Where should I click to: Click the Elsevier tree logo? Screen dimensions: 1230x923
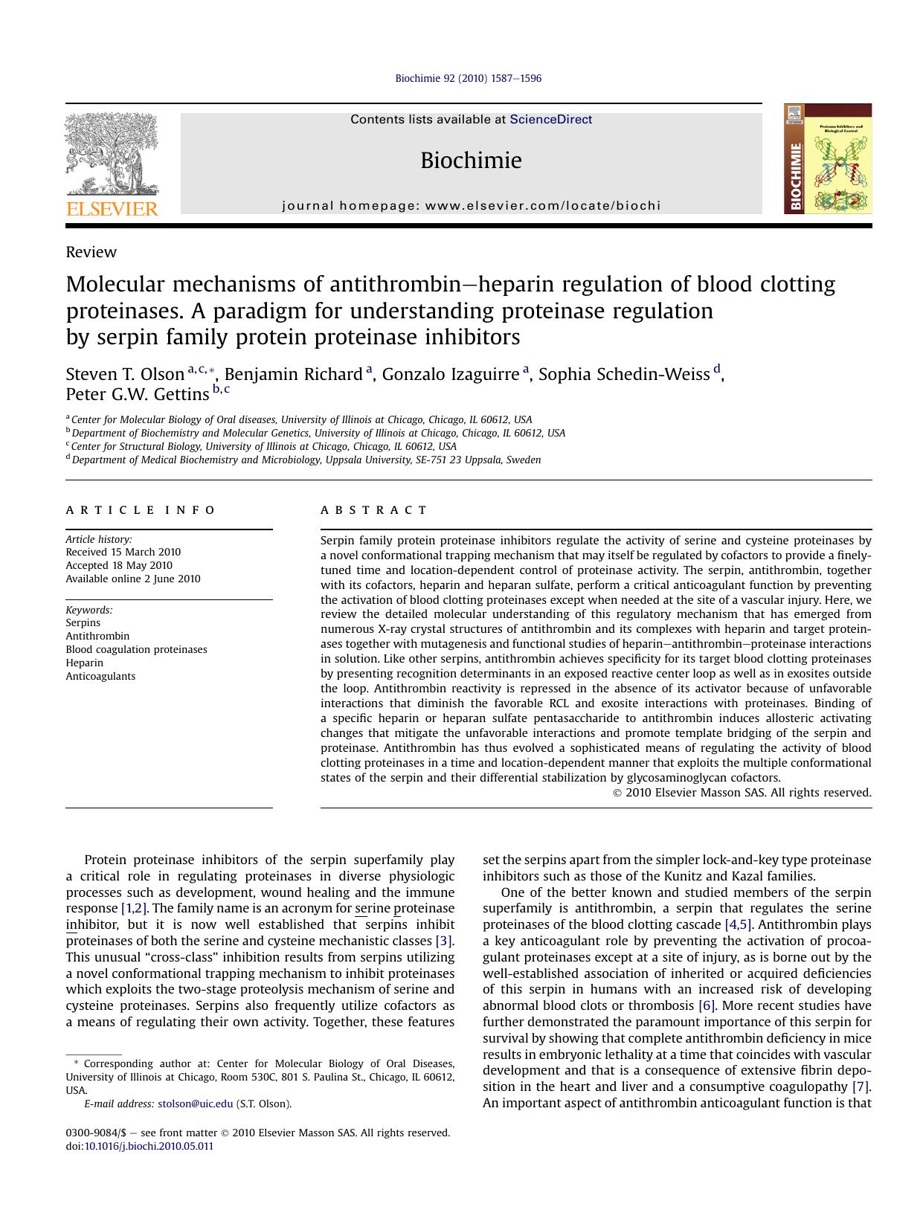coord(112,153)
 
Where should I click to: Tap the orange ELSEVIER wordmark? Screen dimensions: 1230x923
coord(112,209)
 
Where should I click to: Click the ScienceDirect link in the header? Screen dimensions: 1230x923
coord(551,120)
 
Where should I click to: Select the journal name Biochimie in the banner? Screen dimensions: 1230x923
coord(471,161)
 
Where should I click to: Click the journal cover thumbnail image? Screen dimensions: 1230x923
coord(827,159)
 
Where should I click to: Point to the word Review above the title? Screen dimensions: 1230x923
coord(91,252)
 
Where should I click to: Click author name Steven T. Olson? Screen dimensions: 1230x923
coord(125,374)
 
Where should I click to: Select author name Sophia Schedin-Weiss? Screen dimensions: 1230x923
coord(624,374)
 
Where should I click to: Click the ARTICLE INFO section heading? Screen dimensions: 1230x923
coord(141,510)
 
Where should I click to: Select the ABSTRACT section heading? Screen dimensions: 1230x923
coord(373,510)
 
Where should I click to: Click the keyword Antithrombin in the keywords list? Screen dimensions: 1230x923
coord(97,636)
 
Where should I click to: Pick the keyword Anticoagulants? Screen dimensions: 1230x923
coord(100,676)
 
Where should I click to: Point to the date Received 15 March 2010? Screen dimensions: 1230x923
coord(123,552)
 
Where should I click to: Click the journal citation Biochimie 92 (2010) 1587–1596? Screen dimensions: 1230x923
coord(468,78)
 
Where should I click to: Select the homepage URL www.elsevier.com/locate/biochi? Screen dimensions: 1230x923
coord(543,206)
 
